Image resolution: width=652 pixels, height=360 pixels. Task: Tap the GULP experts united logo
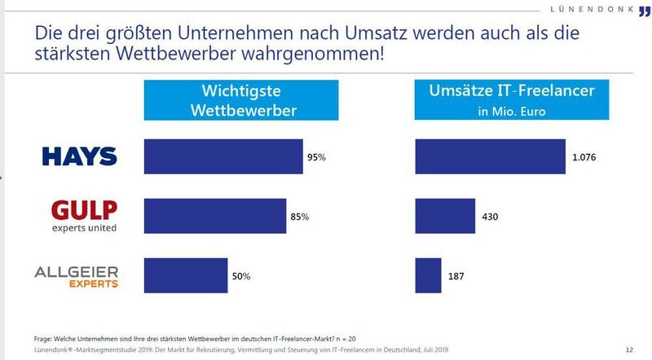coord(84,216)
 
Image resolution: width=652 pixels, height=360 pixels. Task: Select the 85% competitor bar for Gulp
coord(215,216)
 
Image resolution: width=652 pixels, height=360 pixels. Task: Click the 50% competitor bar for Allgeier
coord(186,276)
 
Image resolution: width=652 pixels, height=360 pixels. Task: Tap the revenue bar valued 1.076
coord(490,156)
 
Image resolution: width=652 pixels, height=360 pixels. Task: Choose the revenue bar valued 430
coord(445,216)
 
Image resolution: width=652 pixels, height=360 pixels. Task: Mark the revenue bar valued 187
coord(429,276)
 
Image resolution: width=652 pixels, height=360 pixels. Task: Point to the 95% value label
coord(316,156)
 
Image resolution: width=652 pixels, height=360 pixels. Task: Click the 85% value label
coord(301,217)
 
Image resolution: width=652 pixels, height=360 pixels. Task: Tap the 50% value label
coord(241,277)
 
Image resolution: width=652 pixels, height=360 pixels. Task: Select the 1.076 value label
coord(584,156)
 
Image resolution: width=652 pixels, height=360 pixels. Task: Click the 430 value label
coord(491,217)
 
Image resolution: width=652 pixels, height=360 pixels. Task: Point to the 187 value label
coord(457,277)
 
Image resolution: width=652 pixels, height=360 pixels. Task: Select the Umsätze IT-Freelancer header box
coord(511,100)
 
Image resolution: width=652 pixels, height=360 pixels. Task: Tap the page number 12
coord(628,349)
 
